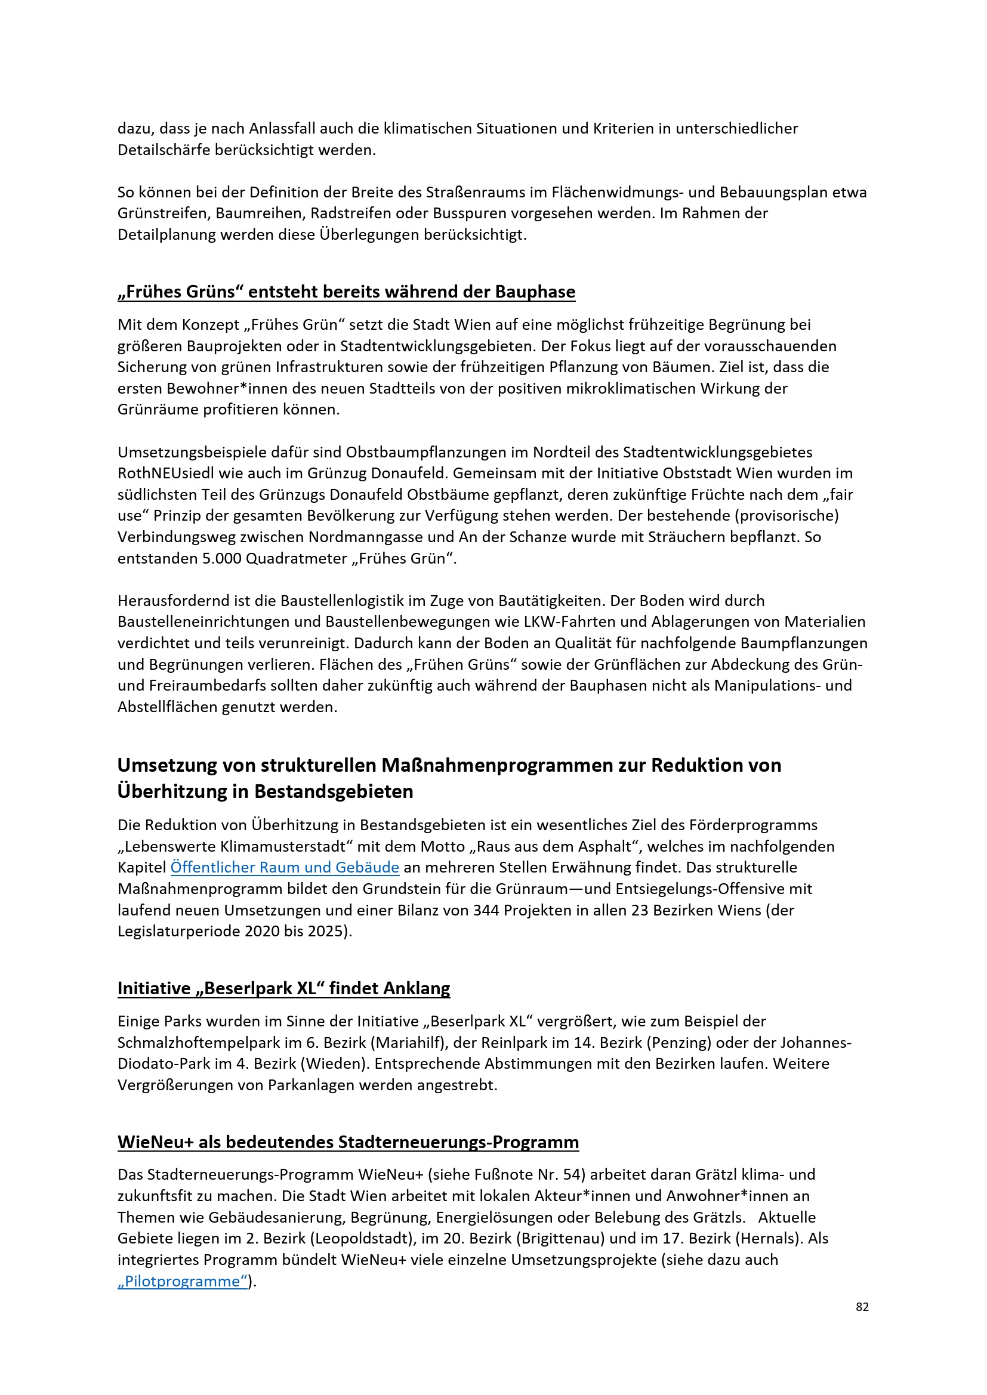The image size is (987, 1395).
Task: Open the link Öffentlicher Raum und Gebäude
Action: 285,868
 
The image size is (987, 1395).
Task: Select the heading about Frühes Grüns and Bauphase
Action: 346,292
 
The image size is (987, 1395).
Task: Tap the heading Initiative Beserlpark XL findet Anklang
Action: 283,988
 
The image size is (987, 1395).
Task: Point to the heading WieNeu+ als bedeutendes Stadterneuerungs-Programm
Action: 348,1142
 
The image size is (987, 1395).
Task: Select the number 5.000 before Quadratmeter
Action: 221,558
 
